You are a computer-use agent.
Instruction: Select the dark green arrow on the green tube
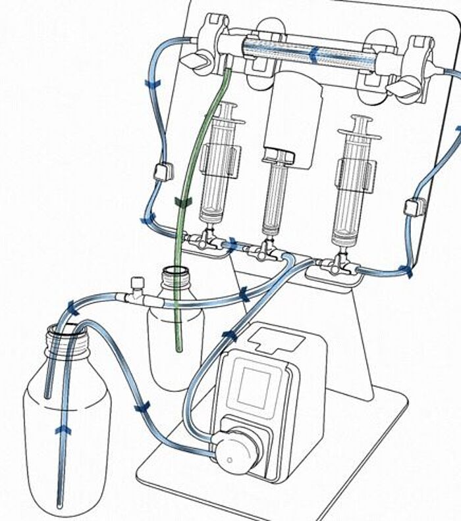click(182, 201)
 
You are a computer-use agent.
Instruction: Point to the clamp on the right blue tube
click(415, 207)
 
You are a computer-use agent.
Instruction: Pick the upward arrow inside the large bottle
click(62, 429)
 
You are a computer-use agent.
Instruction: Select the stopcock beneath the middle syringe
click(266, 250)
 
